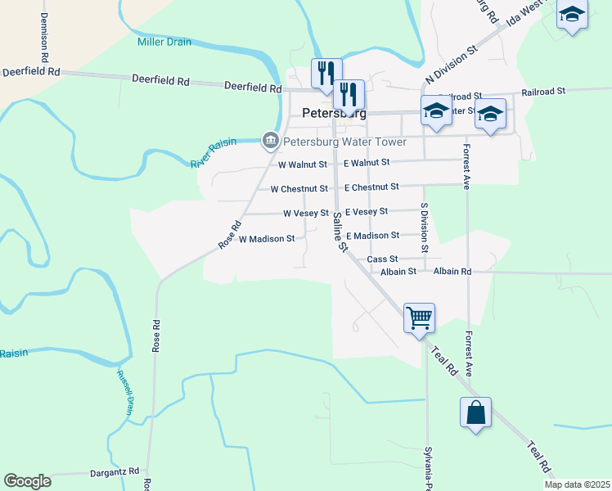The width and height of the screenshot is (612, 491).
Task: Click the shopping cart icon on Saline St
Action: point(419,317)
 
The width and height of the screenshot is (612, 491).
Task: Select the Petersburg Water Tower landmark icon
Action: point(269,142)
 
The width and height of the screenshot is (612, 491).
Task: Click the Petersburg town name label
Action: point(333,113)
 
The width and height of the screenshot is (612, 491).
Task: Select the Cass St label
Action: point(382,259)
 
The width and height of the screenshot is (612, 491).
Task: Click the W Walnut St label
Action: point(303,164)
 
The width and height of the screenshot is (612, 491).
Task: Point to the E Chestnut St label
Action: point(371,187)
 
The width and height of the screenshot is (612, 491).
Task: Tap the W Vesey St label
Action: point(306,214)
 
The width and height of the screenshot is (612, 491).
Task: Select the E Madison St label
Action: point(372,236)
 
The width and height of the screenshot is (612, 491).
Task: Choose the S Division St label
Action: point(425,227)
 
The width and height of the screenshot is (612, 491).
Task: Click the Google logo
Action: point(27,481)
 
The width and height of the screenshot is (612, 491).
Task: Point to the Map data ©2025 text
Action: point(578,484)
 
